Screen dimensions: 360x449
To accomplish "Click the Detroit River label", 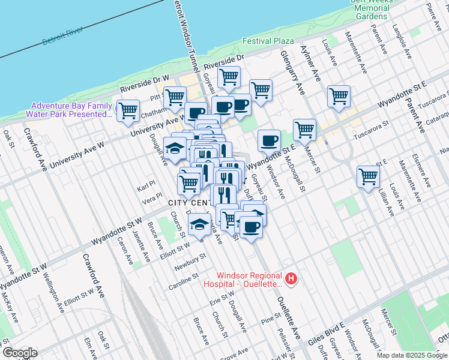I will (62, 37).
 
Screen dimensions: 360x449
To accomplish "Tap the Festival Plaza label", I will (268, 41).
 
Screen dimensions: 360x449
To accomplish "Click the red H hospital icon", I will (291, 278).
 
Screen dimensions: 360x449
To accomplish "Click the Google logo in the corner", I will (19, 353).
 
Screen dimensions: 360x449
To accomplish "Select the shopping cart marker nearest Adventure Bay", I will (128, 110).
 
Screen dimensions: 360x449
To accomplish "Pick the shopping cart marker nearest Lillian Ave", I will (368, 176).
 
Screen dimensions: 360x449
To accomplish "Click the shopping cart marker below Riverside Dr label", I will (229, 77).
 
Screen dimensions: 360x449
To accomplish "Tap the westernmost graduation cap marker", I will (174, 148).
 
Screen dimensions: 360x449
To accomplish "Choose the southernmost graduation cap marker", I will (199, 224).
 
